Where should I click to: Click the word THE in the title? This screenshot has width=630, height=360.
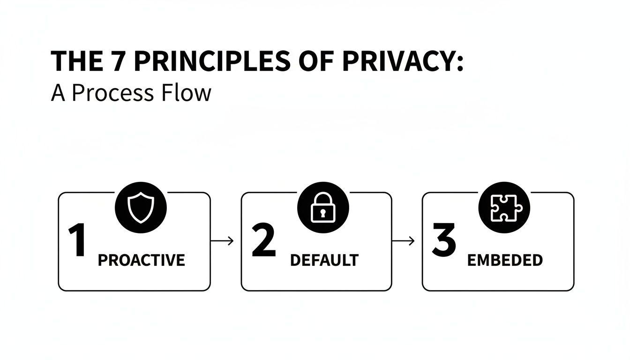click(x=78, y=61)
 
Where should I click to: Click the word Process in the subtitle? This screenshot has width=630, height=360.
click(x=112, y=93)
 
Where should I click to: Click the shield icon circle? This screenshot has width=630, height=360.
click(x=141, y=207)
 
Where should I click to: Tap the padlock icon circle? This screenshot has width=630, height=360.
click(x=323, y=207)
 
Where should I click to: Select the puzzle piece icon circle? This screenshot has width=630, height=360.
click(x=503, y=207)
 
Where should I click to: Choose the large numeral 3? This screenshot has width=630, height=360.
click(x=443, y=240)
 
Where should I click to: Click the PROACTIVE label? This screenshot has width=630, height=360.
click(x=141, y=260)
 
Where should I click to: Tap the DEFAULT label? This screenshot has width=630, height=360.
click(x=324, y=260)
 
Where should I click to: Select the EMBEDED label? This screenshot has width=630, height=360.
click(x=504, y=260)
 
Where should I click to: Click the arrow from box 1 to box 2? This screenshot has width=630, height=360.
click(x=223, y=241)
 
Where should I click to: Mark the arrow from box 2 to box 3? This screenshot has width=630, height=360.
click(x=404, y=241)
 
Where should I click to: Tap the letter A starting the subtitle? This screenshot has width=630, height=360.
click(x=57, y=93)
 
